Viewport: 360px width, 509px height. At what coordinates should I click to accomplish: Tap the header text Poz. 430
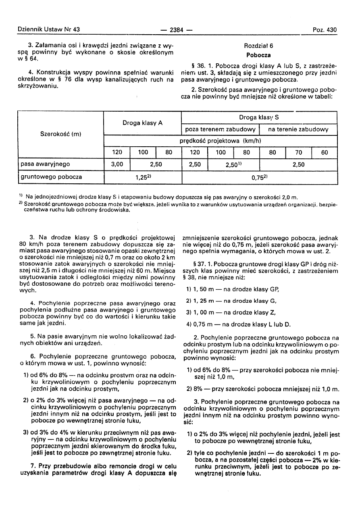(325, 30)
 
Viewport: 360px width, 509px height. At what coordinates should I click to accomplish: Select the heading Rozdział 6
(259, 46)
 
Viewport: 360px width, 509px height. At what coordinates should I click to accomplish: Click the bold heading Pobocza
(259, 55)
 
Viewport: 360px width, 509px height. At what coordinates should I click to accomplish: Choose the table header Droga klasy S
(260, 117)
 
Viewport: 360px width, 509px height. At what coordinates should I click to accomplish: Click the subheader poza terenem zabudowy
(221, 129)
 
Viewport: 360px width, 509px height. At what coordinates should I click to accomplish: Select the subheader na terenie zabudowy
(298, 129)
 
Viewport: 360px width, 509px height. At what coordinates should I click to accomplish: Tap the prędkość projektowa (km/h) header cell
(221, 141)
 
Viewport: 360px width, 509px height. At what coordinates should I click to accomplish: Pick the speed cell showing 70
(298, 153)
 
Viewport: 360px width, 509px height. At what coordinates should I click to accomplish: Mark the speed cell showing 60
(325, 153)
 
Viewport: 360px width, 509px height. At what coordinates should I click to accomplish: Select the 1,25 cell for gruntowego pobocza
(143, 177)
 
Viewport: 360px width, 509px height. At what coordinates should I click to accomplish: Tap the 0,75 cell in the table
(260, 177)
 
